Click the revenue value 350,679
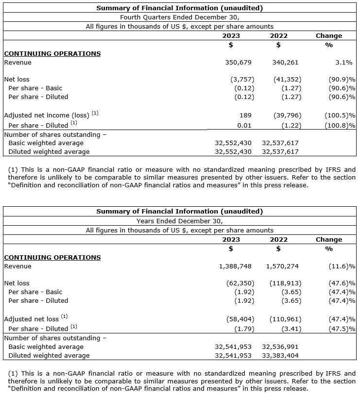tap(240, 62)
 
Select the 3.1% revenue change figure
tap(343, 62)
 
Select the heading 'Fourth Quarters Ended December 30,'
tap(179, 17)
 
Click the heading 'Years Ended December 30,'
tap(179, 221)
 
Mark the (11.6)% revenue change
tap(340, 266)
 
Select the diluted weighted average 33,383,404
tap(280, 356)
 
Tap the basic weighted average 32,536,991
tap(280, 347)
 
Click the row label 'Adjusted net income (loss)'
tap(47, 115)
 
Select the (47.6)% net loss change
tap(340, 283)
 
